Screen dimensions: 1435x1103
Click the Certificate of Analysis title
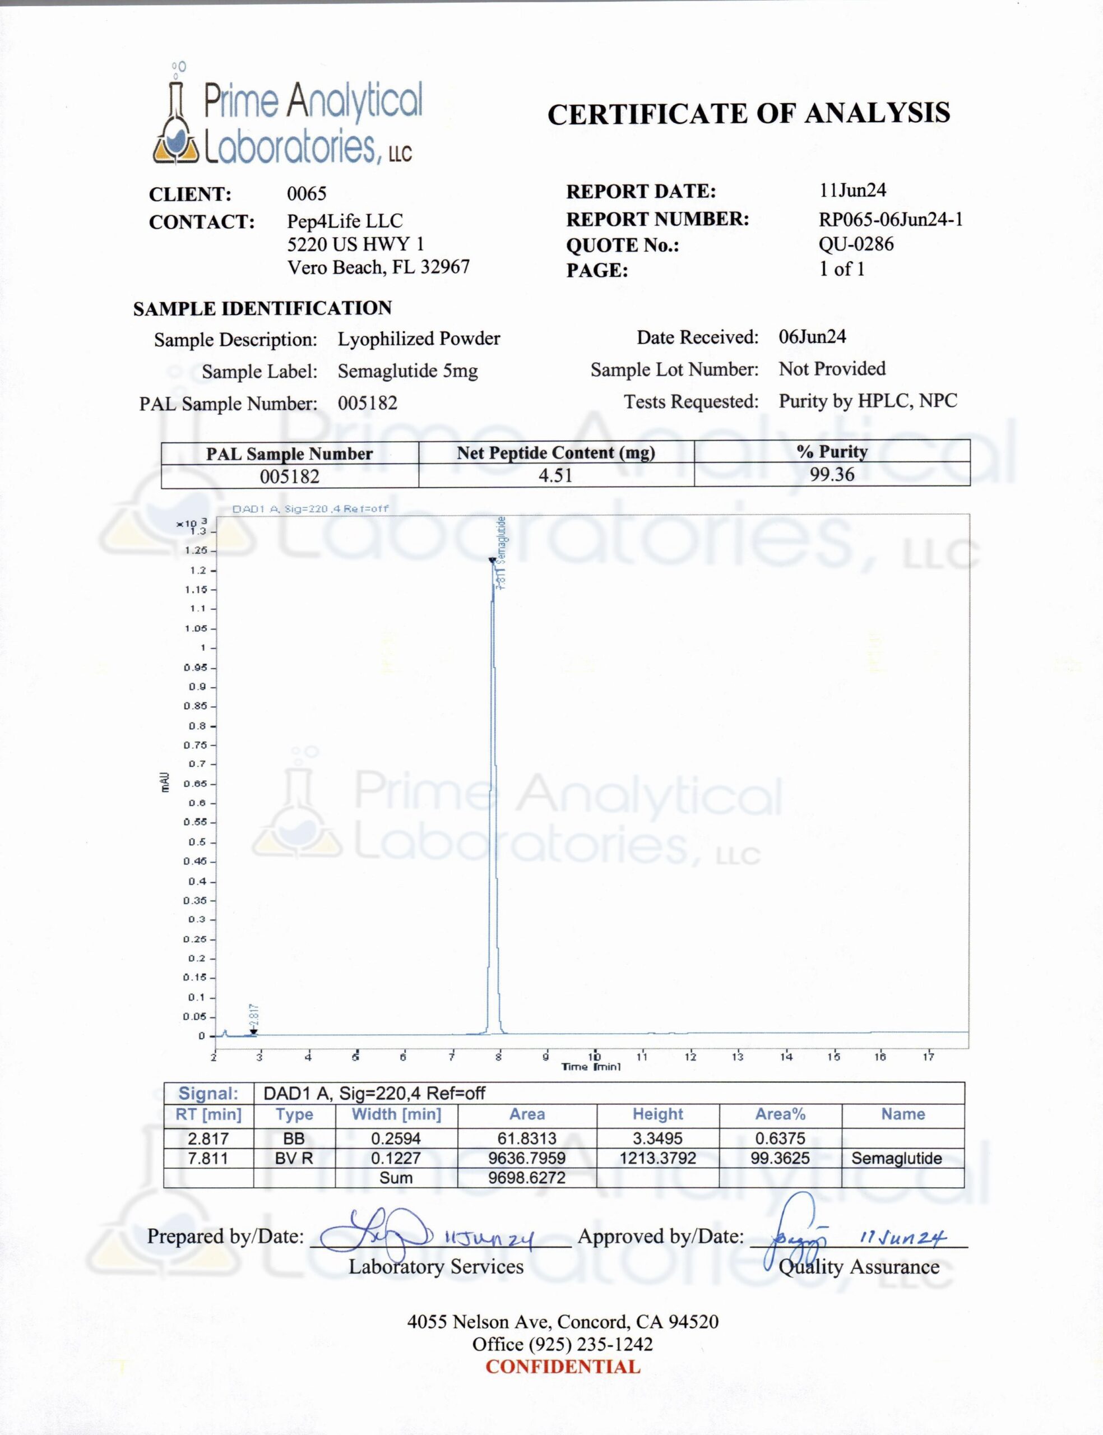(x=748, y=114)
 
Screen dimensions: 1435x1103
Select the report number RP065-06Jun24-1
(x=890, y=219)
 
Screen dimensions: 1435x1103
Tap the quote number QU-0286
(x=855, y=244)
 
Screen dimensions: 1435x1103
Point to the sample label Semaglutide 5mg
(x=407, y=371)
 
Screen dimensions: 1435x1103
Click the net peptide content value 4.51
(x=555, y=475)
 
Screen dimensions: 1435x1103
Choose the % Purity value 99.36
(x=832, y=475)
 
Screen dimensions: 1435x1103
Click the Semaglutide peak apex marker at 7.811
(x=492, y=560)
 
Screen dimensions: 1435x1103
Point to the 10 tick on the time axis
(x=594, y=1057)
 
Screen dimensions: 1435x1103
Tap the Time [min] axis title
(x=591, y=1067)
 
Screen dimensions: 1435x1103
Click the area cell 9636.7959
(x=526, y=1158)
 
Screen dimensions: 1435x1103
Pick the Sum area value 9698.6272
(x=526, y=1177)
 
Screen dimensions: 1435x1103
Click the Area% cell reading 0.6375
(x=780, y=1138)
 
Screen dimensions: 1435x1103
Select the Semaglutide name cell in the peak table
(x=896, y=1158)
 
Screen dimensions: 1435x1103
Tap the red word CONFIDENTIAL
(x=563, y=1367)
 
